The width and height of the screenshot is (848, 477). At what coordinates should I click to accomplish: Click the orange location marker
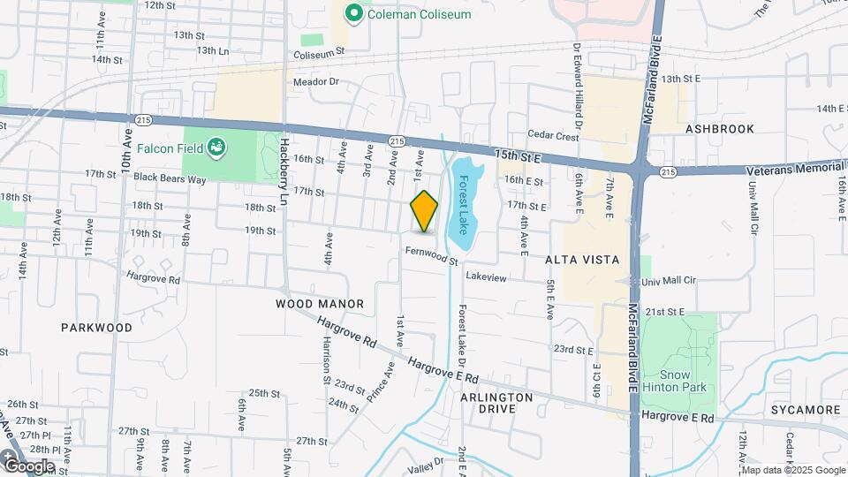coord(424,211)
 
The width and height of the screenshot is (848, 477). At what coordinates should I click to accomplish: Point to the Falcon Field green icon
coord(217,148)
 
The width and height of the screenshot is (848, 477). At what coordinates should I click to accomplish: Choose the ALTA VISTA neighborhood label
coord(581,259)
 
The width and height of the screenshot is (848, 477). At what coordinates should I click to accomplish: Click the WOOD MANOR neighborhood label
coord(320,304)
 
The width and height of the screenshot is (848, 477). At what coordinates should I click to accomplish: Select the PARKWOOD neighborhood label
coord(96,327)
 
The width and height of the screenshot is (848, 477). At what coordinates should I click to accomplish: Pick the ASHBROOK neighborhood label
coord(719,129)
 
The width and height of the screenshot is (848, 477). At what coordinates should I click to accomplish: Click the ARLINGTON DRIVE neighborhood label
coord(496,403)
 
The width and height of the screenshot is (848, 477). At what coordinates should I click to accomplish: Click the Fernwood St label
coord(432,256)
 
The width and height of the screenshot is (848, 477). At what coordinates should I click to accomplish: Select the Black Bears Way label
coord(170,178)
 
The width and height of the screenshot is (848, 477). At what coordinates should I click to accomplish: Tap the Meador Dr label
coord(316,82)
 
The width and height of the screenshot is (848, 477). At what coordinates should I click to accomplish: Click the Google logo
coord(28,465)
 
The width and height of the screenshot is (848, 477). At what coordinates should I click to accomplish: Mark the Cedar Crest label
coord(553,136)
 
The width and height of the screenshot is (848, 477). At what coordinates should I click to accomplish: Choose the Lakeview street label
coord(486,277)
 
